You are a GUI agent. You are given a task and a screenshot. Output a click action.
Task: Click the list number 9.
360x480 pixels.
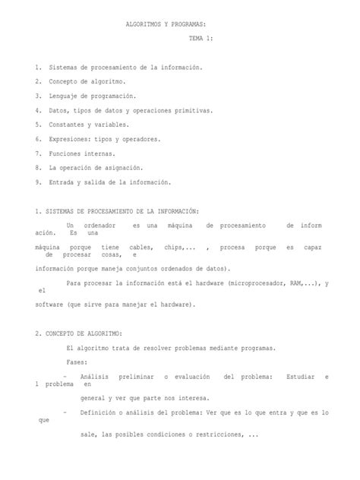[38, 182]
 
